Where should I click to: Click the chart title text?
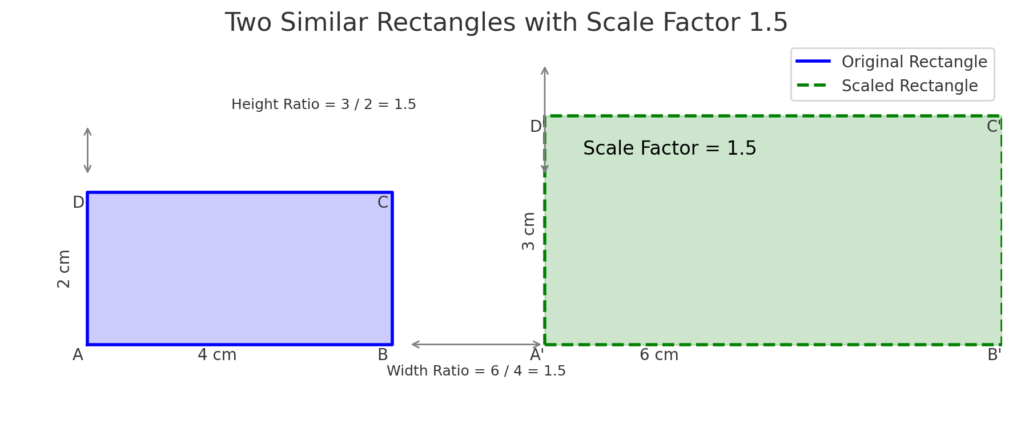[x=506, y=23]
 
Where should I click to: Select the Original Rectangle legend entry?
[x=914, y=62]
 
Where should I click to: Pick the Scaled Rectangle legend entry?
[x=909, y=86]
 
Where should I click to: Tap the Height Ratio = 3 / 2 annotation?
[x=323, y=104]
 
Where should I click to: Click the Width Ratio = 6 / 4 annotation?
[x=476, y=371]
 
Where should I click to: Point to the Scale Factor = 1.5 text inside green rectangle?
[x=669, y=148]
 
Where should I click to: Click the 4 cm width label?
[x=217, y=355]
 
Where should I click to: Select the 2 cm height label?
[x=64, y=268]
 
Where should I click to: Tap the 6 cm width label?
[x=659, y=355]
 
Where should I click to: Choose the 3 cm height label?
[x=529, y=231]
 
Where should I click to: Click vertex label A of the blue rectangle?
[x=78, y=355]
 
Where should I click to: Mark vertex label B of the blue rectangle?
[x=383, y=355]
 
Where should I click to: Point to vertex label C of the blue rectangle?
[x=383, y=203]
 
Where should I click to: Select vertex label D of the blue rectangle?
[x=78, y=203]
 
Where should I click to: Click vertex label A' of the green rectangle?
[x=537, y=355]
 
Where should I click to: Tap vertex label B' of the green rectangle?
[x=994, y=355]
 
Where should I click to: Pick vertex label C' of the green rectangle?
[x=993, y=127]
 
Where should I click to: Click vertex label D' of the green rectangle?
[x=536, y=127]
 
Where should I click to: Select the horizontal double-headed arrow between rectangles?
[x=476, y=344]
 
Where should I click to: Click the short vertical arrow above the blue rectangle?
[x=87, y=150]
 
